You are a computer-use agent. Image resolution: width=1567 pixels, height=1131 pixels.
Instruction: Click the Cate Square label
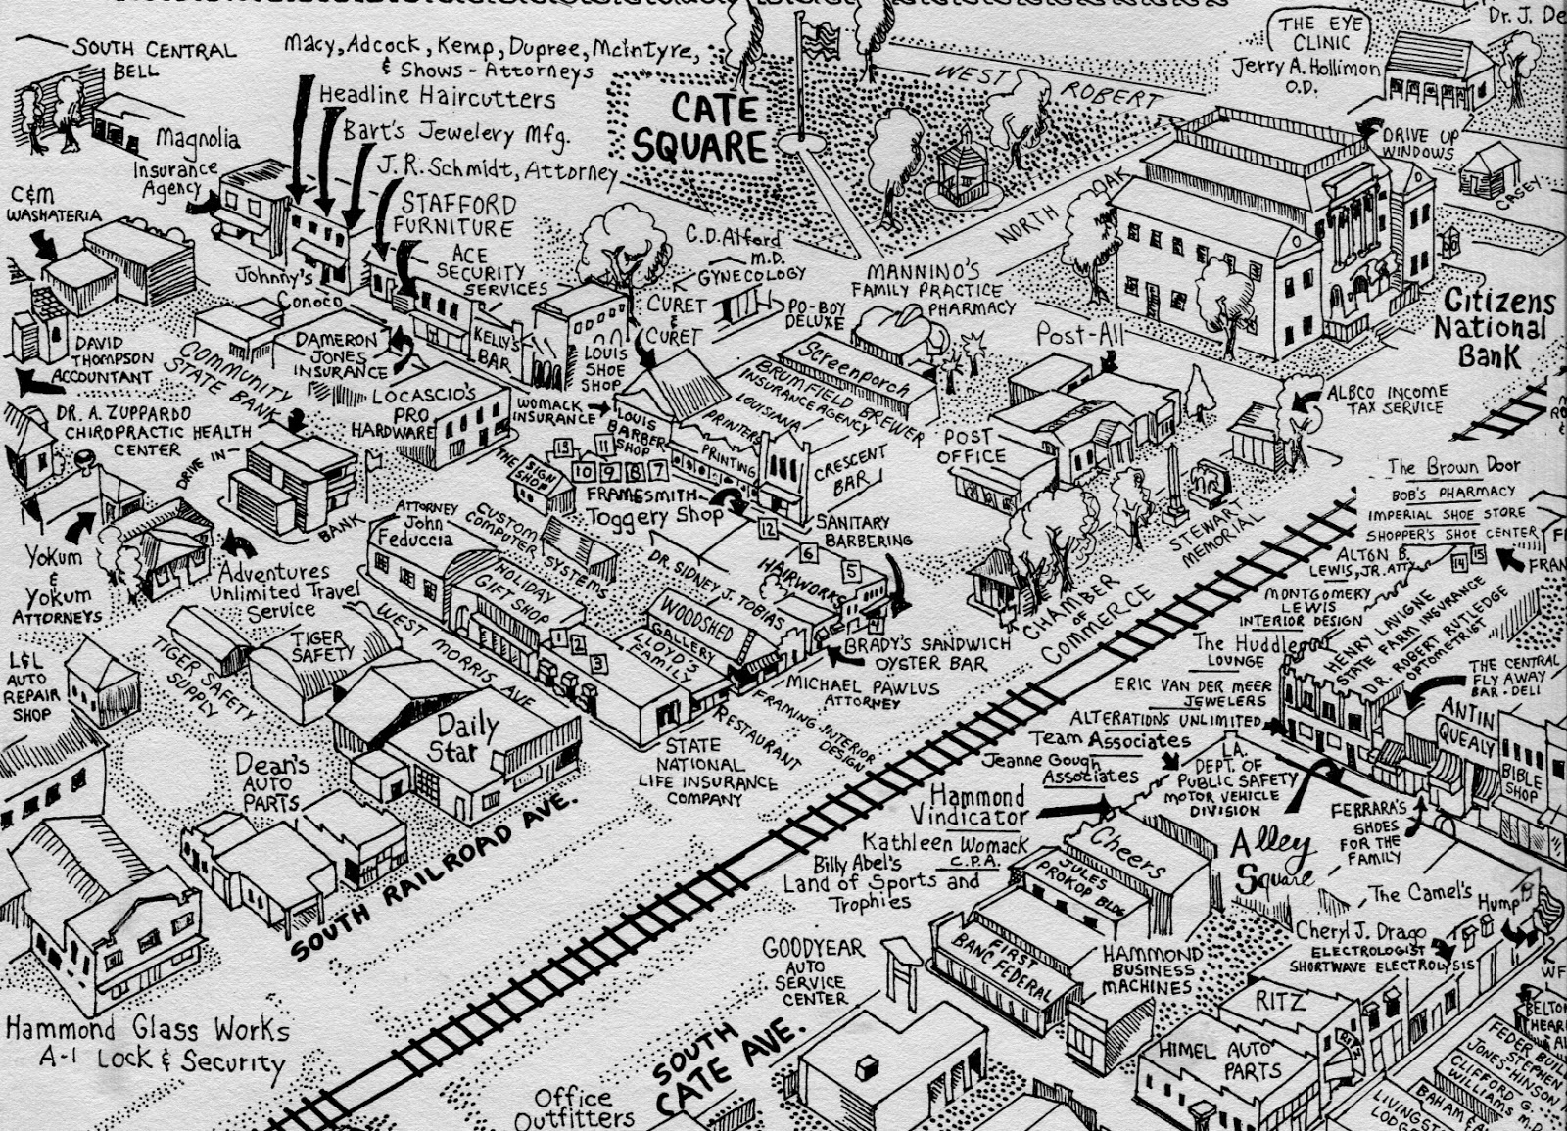[700, 127]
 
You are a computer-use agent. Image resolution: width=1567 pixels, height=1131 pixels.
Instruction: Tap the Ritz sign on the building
[1279, 1002]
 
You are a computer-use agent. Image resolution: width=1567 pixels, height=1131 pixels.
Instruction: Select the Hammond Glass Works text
[148, 1029]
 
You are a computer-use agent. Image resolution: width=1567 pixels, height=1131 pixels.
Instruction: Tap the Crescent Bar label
[850, 470]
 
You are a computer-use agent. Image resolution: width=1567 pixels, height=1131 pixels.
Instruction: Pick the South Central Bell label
[154, 58]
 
